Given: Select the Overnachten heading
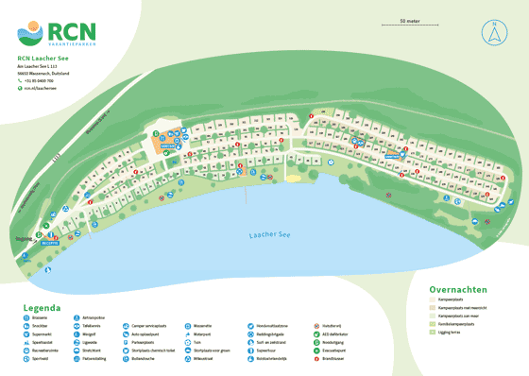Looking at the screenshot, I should [457, 290].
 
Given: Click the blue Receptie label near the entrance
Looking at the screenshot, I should [50, 242].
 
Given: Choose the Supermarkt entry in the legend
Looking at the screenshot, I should [42, 333].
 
